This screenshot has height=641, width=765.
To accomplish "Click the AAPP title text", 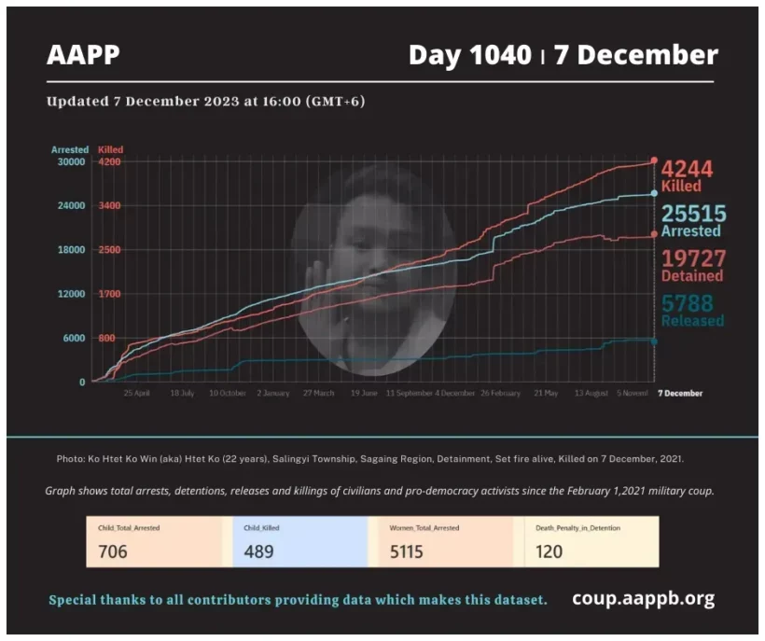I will pos(84,55).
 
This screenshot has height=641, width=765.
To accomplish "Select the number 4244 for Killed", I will pos(688,169).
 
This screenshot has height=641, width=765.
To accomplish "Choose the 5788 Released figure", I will pos(688,303).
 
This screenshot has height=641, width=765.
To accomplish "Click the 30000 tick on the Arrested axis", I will pos(72,161).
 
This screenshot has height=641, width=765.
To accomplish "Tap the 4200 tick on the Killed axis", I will pos(110,161).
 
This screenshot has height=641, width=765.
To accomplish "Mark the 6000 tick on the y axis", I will pos(75,338).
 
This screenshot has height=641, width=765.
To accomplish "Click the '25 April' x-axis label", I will pos(136,394).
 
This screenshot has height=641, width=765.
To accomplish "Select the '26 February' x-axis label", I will pos(500,394).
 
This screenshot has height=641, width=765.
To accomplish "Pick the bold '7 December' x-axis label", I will pos(680,394).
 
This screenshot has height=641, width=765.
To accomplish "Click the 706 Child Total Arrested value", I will pos(113,551).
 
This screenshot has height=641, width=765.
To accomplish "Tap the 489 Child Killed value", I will pos(258,551).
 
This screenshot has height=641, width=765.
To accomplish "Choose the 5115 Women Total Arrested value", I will pos(407,551).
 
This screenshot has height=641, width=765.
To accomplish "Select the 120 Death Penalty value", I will pos(549,551).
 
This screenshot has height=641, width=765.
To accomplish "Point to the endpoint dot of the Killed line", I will pos(654,160).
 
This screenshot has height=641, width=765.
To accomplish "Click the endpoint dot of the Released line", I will pos(654,341).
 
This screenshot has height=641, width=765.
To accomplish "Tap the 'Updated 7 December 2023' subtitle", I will pos(205,101).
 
